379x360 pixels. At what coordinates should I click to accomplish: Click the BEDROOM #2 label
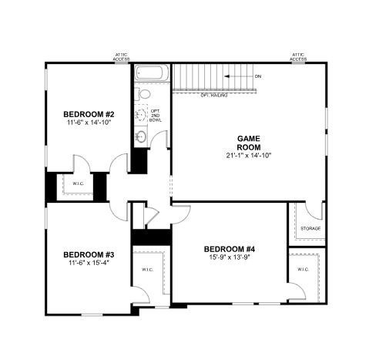(x=89, y=114)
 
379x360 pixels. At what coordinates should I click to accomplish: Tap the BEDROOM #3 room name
(x=89, y=255)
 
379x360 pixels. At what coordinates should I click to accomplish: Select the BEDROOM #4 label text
(x=229, y=248)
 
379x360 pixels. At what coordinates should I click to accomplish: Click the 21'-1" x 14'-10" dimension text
(x=250, y=155)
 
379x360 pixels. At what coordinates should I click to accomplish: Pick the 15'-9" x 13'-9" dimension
(x=229, y=257)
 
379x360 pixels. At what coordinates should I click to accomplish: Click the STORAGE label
(x=310, y=229)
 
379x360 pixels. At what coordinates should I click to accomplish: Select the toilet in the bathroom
(x=144, y=94)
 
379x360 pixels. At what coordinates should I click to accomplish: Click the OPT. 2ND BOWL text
(x=155, y=116)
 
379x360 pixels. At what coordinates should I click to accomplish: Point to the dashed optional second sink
(x=141, y=116)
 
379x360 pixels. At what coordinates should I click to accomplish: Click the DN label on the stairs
(x=257, y=76)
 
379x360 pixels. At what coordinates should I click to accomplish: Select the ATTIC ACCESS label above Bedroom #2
(x=122, y=56)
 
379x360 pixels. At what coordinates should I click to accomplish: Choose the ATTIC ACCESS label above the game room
(x=299, y=56)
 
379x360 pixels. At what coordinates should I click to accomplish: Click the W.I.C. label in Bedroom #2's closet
(x=79, y=183)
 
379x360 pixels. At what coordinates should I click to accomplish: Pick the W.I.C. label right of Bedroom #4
(x=302, y=269)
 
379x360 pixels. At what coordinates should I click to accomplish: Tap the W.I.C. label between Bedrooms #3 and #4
(x=146, y=270)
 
